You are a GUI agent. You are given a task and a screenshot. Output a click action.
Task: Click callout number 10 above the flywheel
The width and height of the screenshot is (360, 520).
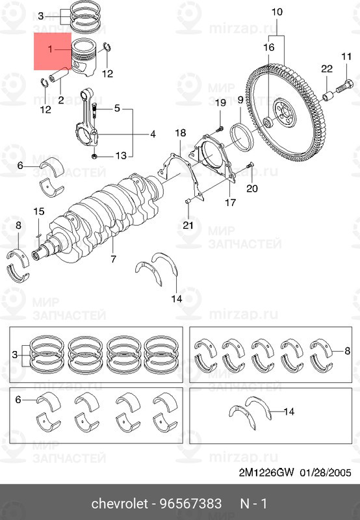click(277, 12)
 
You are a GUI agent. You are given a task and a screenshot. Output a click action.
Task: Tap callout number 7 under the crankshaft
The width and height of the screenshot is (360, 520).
click(113, 259)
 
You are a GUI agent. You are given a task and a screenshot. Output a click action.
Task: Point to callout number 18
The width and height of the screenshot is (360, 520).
click(180, 133)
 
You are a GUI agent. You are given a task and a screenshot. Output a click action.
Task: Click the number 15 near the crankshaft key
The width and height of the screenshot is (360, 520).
click(38, 211)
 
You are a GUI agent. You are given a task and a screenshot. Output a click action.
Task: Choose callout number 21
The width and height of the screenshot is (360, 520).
click(188, 226)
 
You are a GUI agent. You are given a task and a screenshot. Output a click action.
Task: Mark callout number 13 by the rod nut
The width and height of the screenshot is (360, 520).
click(120, 155)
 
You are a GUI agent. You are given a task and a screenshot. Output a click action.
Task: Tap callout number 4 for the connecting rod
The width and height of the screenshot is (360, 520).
click(152, 135)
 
